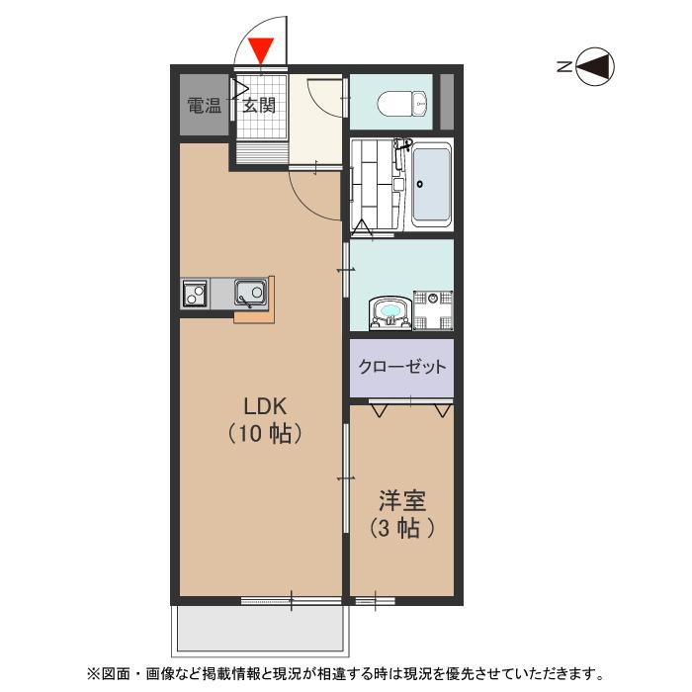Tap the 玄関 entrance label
259,105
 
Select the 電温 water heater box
205,105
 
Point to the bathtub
431,185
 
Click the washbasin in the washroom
390,313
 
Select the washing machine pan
433,308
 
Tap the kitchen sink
249,293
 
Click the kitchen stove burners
194,294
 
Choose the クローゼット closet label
401,367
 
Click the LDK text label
264,404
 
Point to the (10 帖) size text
264,433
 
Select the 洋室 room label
401,500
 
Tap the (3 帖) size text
401,528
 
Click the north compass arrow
595,66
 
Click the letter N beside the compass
562,66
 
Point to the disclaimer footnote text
345,674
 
